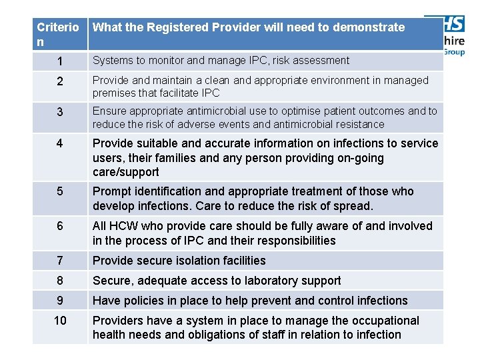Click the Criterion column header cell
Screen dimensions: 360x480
point(59,34)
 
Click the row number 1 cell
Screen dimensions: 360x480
point(60,61)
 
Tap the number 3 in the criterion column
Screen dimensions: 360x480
point(60,112)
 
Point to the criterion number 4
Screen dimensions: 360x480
point(60,144)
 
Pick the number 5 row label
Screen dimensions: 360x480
point(60,192)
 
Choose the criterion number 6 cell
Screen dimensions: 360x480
point(60,227)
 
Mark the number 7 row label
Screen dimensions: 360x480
point(60,261)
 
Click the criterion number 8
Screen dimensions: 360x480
point(60,281)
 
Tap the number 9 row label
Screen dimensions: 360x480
point(60,301)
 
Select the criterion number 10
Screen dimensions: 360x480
point(60,321)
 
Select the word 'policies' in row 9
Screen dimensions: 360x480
point(142,301)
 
